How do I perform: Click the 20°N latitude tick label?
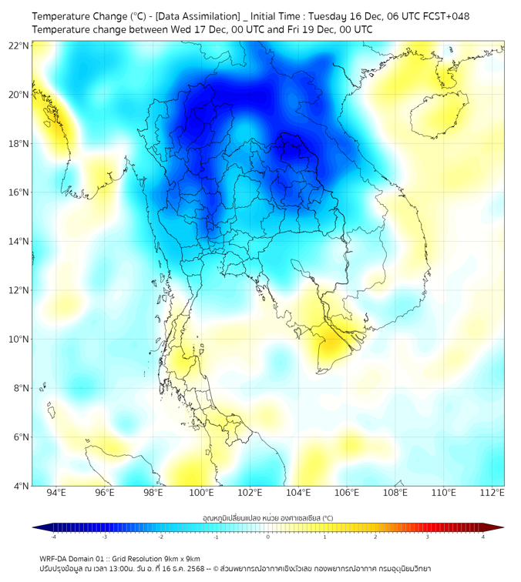[x=18, y=95]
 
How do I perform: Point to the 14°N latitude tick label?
[x=18, y=242]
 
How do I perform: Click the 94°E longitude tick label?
[x=56, y=493]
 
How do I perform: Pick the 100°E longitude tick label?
[x=201, y=493]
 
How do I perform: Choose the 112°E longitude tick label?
[x=492, y=493]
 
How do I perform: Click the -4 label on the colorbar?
[x=53, y=537]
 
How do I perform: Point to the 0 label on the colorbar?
[x=268, y=537]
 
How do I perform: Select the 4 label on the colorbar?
[x=482, y=537]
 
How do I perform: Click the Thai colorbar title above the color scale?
[x=267, y=518]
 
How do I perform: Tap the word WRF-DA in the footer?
[x=55, y=558]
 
